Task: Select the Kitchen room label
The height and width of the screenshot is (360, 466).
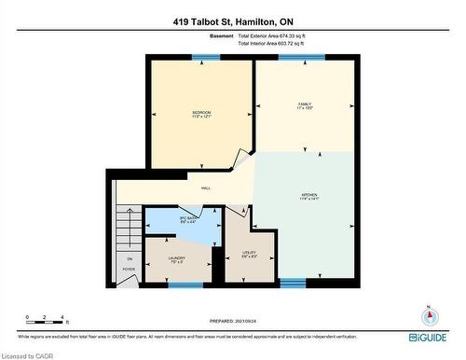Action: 309,196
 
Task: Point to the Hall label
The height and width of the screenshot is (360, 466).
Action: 205,188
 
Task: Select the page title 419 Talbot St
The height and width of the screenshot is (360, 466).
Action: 233,21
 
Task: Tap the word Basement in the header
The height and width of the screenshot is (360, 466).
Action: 221,36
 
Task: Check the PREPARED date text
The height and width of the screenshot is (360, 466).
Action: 232,322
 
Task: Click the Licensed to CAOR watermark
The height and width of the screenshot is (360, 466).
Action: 27,354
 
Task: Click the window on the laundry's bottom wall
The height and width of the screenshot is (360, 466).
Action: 180,284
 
